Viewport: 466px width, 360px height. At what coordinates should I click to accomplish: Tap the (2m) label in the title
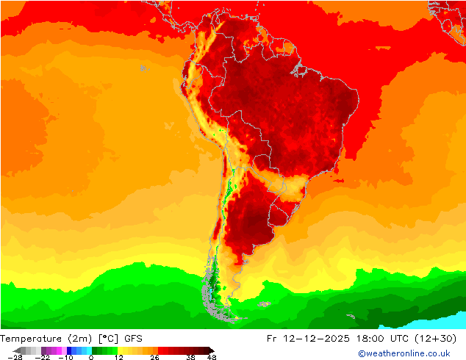pyautogui.click(x=79, y=339)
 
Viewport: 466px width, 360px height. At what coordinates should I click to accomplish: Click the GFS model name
pyautogui.click(x=133, y=339)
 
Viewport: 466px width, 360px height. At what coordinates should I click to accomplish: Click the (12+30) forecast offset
pyautogui.click(x=446, y=339)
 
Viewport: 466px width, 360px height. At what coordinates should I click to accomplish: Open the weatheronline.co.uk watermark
pyautogui.click(x=404, y=353)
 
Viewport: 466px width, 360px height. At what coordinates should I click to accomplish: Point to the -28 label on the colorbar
pyautogui.click(x=13, y=357)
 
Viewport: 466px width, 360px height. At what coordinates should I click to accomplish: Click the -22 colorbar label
pyautogui.click(x=44, y=357)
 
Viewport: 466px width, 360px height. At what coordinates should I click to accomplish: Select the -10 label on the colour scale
pyautogui.click(x=67, y=357)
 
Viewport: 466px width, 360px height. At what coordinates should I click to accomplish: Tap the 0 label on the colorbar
pyautogui.click(x=91, y=357)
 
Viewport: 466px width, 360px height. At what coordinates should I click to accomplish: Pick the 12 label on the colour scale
pyautogui.click(x=118, y=357)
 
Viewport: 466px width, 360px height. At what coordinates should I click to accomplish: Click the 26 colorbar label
pyautogui.click(x=154, y=357)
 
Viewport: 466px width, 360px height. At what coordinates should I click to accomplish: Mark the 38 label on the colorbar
pyautogui.click(x=190, y=357)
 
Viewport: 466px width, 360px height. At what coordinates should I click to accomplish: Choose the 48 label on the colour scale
pyautogui.click(x=212, y=357)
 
